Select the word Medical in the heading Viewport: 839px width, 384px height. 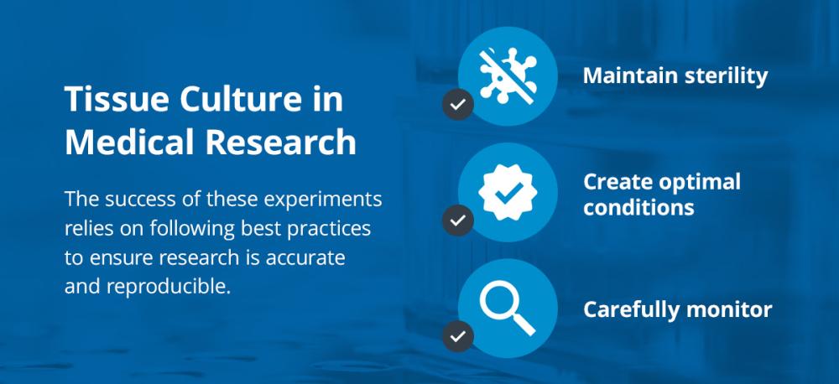(129, 143)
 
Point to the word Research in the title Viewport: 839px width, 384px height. (281, 143)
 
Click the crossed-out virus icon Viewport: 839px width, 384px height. (508, 76)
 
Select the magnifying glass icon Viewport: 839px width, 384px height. (508, 308)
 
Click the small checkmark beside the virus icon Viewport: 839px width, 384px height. (457, 104)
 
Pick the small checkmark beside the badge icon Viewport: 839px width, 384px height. (457, 221)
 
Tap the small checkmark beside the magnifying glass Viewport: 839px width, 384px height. (457, 336)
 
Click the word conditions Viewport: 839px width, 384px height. (638, 207)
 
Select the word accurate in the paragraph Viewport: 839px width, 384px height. (305, 258)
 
